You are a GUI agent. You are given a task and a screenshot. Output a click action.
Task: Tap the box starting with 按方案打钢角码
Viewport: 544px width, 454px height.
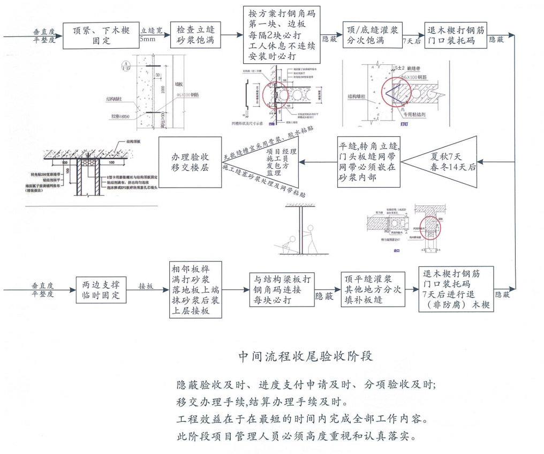click(x=282, y=35)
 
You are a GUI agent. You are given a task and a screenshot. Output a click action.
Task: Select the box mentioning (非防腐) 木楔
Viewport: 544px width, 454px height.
click(x=456, y=289)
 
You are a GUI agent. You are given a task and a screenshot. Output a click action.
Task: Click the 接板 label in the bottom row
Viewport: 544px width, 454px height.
click(x=146, y=286)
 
